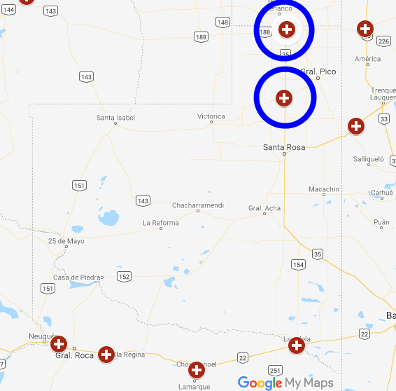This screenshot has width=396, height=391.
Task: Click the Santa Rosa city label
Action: click(284, 147)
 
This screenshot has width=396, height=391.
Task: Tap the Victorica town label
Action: click(211, 116)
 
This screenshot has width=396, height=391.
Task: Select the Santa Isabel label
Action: click(115, 118)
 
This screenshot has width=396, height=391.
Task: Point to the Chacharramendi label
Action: click(198, 205)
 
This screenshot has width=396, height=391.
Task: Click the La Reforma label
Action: click(161, 223)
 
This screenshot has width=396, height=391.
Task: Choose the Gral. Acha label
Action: click(264, 208)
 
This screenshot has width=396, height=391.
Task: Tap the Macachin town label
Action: click(324, 189)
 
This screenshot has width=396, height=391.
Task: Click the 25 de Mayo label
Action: click(66, 241)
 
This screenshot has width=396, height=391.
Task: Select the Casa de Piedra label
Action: click(78, 277)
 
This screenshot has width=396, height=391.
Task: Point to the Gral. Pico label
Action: click(318, 71)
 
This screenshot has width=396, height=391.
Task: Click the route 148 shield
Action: click(223, 22)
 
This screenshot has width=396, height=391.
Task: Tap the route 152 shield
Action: click(124, 277)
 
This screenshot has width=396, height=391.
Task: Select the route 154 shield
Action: click(299, 265)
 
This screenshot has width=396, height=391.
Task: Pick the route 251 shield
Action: click(275, 370)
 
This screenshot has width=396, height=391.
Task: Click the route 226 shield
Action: click(383, 41)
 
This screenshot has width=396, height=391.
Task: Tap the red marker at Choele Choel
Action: click(197, 369)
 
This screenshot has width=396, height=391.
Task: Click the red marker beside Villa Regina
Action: click(106, 354)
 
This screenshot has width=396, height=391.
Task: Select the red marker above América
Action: click(365, 29)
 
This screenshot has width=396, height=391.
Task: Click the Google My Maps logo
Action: click(285, 383)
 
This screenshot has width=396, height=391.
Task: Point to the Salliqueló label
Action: click(369, 159)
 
